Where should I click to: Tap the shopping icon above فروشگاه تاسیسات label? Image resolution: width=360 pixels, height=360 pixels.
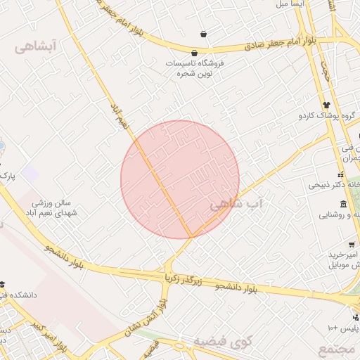click(x=194, y=53)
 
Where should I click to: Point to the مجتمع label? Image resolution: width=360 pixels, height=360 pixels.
click(x=337, y=349)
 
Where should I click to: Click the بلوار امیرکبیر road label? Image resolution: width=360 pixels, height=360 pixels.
click(x=51, y=338)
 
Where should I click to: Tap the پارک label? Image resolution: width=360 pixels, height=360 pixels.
click(x=7, y=173)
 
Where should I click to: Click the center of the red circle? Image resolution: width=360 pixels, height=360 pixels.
click(x=180, y=179)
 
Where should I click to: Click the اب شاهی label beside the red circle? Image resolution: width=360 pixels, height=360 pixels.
click(x=236, y=204)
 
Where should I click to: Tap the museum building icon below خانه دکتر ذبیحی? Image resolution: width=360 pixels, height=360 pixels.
click(x=343, y=204)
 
